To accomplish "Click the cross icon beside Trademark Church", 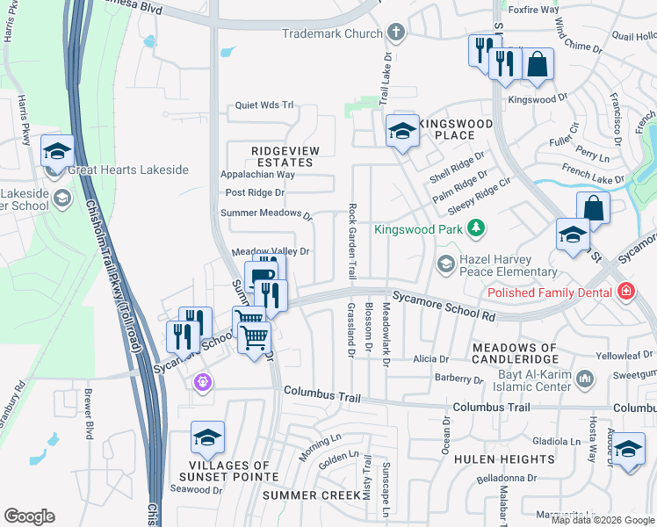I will [x=396, y=33].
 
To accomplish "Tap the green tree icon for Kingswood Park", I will [x=476, y=229].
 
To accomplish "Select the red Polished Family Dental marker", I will [x=625, y=291].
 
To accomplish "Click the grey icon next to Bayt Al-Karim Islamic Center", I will [x=586, y=379].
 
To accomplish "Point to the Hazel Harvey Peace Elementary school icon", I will [x=446, y=263].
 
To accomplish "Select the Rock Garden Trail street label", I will [x=352, y=241].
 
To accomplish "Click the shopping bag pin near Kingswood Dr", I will [x=538, y=65].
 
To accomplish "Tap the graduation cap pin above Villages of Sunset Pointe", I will [x=207, y=437].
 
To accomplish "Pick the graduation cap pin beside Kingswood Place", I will [x=402, y=132].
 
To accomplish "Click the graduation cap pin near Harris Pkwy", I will [x=57, y=151].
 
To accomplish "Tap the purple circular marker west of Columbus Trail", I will [x=204, y=382].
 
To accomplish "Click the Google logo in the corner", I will [x=29, y=516].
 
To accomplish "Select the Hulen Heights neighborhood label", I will [x=504, y=459].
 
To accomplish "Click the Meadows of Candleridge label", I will [x=515, y=354].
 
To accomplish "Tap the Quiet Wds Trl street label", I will [x=264, y=105].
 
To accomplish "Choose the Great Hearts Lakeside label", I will [x=128, y=170].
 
